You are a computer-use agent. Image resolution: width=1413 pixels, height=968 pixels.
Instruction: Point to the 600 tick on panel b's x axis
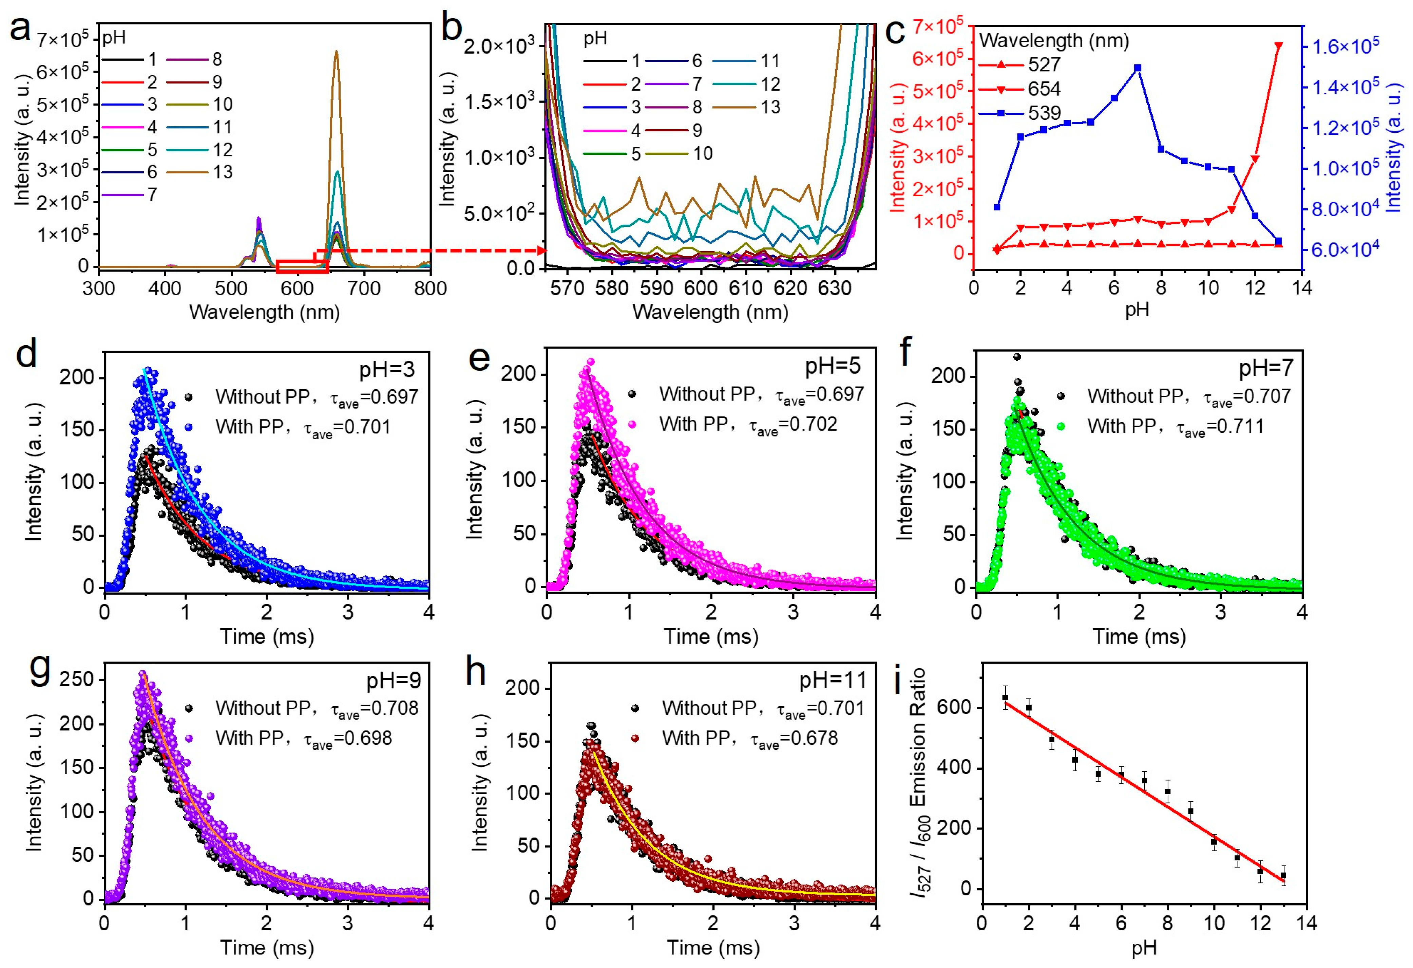(701, 288)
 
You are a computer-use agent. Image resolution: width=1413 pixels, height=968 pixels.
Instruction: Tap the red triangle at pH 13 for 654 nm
(1278, 45)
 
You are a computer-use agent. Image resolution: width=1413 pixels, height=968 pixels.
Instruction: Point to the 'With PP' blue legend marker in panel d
(190, 427)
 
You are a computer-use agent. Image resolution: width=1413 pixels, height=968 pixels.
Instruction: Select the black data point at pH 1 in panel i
(1005, 697)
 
